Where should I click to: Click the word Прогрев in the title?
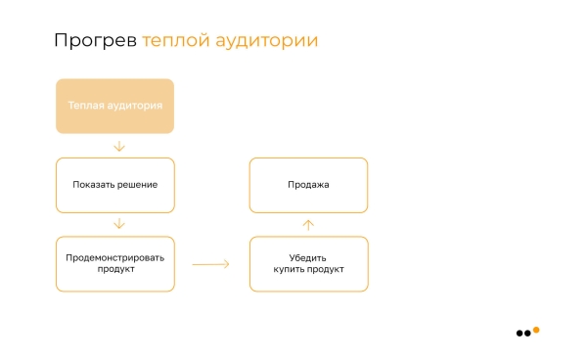(x=95, y=41)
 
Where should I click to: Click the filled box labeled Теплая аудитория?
(x=114, y=106)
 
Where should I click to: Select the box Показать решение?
(x=114, y=185)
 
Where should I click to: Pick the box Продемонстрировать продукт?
(x=114, y=264)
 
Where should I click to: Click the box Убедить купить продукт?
(x=308, y=264)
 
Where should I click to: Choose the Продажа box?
(x=308, y=185)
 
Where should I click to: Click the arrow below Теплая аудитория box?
(x=119, y=146)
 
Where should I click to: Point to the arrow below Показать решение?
(x=119, y=224)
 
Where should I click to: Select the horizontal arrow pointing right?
(x=210, y=264)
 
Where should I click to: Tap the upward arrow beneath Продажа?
(x=308, y=224)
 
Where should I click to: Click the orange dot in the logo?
(x=535, y=330)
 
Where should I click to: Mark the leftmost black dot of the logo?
(x=519, y=334)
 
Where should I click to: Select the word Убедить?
(x=308, y=258)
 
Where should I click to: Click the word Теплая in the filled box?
(x=85, y=106)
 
